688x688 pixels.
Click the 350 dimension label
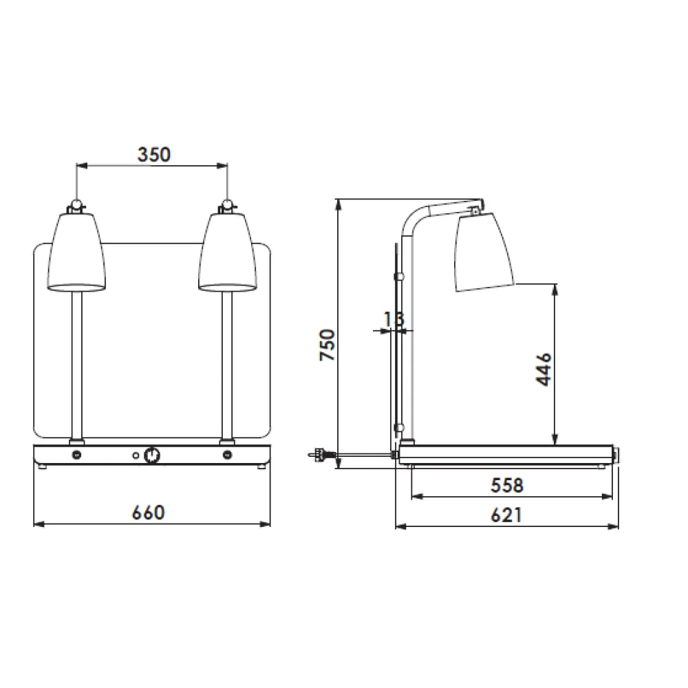(153, 154)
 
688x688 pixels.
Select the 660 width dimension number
(149, 513)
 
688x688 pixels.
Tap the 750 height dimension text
(327, 347)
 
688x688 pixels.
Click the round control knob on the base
(152, 455)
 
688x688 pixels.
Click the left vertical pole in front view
(76, 365)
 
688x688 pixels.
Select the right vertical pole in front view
(226, 365)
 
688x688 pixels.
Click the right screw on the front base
(228, 455)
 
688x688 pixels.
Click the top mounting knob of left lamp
(76, 204)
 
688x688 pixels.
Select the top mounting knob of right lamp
(226, 204)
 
